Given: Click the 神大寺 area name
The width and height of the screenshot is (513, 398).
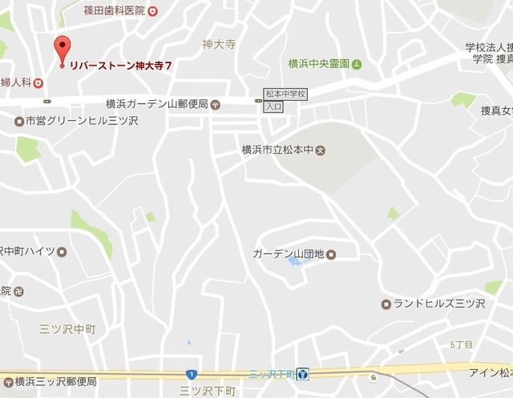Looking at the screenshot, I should [x=217, y=45].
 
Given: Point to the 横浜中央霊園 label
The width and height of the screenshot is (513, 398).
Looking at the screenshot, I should [x=319, y=63].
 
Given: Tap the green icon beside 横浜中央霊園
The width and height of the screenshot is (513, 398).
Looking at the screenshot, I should [x=357, y=63].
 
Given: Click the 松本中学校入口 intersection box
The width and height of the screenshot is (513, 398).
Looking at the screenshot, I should [x=285, y=99].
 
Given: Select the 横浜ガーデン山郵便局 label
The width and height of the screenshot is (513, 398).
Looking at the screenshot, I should [x=156, y=104].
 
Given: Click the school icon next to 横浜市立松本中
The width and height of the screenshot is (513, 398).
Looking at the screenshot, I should [x=321, y=150].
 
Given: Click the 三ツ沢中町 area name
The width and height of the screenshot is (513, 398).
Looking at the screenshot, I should [x=67, y=329].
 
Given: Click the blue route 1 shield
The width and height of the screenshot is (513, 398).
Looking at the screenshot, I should [x=191, y=374].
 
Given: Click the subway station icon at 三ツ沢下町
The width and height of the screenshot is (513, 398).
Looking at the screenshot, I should [x=303, y=374].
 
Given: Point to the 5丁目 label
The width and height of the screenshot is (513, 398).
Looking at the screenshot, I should [x=461, y=344].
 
